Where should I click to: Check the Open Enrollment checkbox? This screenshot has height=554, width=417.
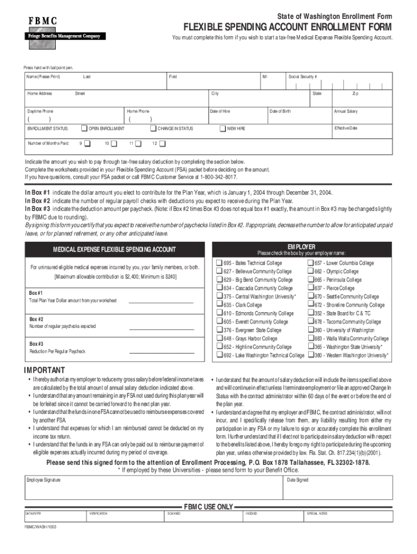pos(84,129)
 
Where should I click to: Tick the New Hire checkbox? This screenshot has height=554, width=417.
pos(223,129)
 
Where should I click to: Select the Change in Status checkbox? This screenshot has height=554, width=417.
pos(153,129)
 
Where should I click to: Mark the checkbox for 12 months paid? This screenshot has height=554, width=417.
pos(162,143)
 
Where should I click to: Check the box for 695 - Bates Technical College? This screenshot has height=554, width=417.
pos(219,263)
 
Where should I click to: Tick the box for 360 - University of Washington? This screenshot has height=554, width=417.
pos(311,330)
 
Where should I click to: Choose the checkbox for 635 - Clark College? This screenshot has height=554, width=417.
pos(219,305)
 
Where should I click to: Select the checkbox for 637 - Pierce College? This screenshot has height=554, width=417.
pos(311,288)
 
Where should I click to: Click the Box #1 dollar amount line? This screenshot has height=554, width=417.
pos(161,302)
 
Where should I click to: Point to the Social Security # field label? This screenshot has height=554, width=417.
pos(303,77)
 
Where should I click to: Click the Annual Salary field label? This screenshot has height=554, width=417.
pos(346,111)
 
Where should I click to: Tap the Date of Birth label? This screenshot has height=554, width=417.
pos(280,111)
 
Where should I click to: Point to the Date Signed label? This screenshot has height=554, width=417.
pos(298,480)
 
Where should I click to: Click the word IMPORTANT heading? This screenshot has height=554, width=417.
pos(44,370)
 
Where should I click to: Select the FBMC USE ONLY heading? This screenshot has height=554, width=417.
pos(208,507)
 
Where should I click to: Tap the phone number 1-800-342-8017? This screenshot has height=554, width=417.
pos(219,177)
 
